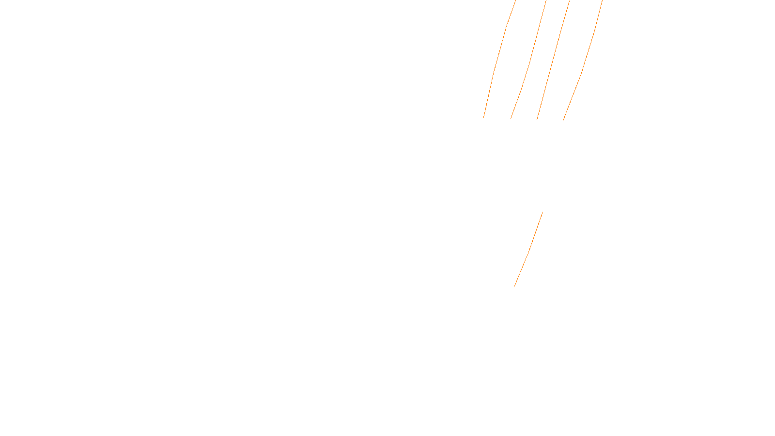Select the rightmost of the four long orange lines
tap(581, 73)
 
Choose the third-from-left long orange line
tap(552, 61)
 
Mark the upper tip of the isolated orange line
tap(542, 212)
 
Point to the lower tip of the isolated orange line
tap(514, 287)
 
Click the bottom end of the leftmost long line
tap(483, 117)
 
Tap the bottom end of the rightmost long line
tap(563, 121)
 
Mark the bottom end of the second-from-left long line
tap(511, 119)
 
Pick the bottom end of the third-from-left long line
tap(537, 120)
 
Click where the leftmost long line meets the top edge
tap(516, 0)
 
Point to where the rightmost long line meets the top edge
tap(602, 0)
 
